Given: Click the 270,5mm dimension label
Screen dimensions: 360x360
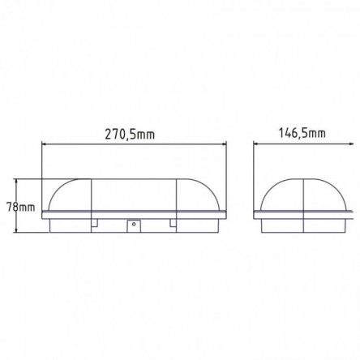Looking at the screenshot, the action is pyautogui.click(x=130, y=135).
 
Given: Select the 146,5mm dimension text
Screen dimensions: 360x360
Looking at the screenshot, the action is pyautogui.click(x=302, y=133).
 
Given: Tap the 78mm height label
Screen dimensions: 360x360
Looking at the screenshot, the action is pyautogui.click(x=21, y=208).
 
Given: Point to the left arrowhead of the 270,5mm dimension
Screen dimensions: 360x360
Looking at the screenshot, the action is pyautogui.click(x=44, y=144).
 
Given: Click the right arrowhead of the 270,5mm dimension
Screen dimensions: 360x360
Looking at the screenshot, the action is pyautogui.click(x=224, y=144).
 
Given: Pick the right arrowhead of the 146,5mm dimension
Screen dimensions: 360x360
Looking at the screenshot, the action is pyautogui.click(x=351, y=144).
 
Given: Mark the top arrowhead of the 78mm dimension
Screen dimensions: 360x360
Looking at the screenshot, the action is pyautogui.click(x=17, y=182).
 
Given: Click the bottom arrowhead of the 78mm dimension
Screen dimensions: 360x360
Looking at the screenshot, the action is pyautogui.click(x=17, y=229).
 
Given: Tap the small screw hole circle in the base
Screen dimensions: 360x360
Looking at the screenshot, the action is pyautogui.click(x=134, y=224).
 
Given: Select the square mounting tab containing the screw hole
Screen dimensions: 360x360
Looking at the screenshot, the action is pyautogui.click(x=134, y=226).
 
